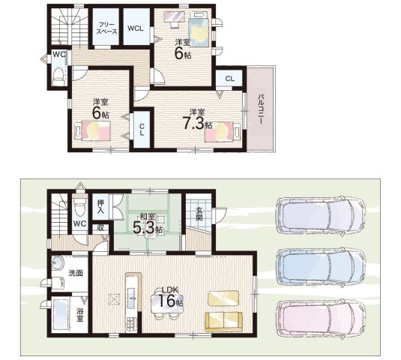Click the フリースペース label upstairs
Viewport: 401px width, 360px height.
coord(108,28)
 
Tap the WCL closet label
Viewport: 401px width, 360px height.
coord(135,28)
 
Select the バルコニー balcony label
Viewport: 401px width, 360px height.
coord(261,109)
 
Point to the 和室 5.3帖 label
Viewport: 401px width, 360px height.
coord(148,224)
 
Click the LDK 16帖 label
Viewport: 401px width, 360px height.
coord(170,297)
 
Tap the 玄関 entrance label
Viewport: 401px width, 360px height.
coord(199,214)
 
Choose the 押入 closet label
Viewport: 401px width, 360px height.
coord(100,207)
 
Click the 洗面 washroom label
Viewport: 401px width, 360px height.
coord(76,273)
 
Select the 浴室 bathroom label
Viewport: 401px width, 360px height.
coord(79,315)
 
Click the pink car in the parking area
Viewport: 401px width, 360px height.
coord(321,319)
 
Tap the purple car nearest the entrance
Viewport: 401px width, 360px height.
coord(321,216)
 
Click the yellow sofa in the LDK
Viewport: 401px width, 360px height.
coord(223,322)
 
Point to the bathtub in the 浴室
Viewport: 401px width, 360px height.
coord(61,314)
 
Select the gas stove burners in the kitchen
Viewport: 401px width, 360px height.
coord(131,324)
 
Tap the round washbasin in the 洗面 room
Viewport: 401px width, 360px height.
coord(58,263)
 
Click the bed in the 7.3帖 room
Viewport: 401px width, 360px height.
coord(223,131)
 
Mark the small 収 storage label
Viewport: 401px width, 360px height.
coord(101,227)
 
